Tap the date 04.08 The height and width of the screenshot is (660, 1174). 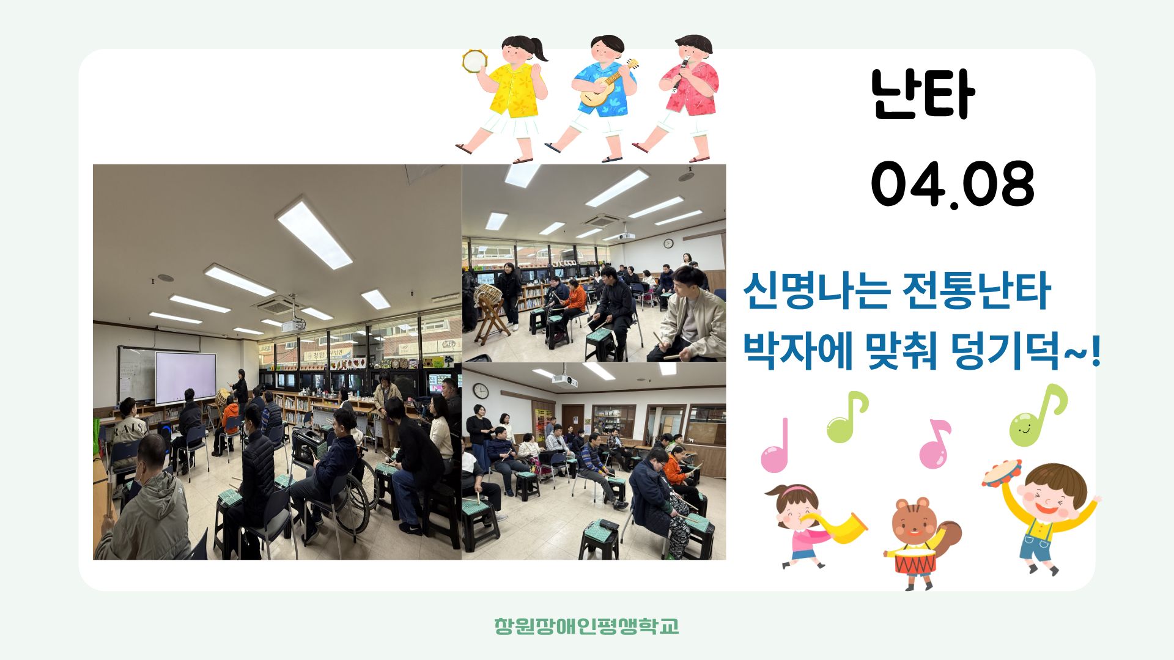tap(953, 184)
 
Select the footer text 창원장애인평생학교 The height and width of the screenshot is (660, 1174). tap(586, 626)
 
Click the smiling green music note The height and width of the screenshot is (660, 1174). tap(1037, 416)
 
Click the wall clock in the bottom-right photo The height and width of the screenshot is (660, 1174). tap(481, 391)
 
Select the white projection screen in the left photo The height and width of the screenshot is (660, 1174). tap(185, 378)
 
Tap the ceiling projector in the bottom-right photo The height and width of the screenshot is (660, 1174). tap(564, 381)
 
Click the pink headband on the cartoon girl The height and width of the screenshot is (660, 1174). tap(793, 490)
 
